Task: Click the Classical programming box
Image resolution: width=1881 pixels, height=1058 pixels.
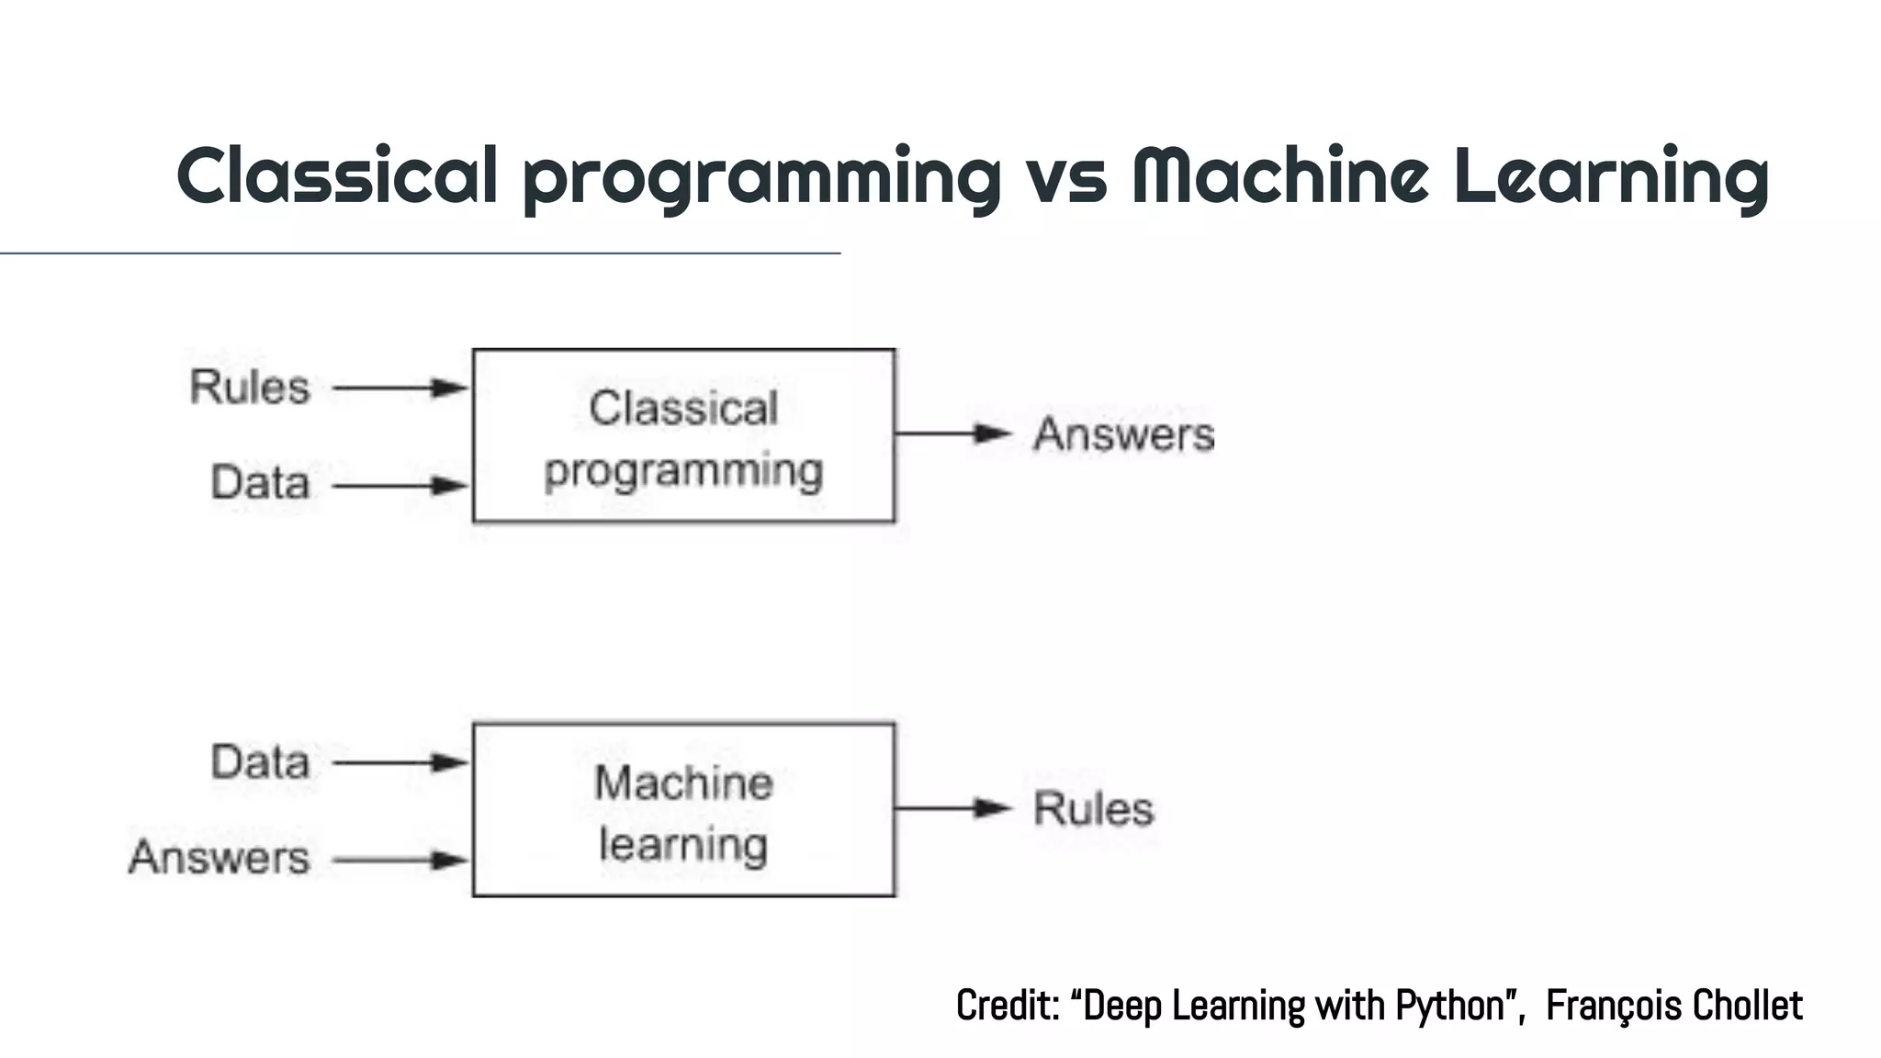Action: [683, 435]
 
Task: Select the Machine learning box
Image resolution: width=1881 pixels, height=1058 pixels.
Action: [683, 809]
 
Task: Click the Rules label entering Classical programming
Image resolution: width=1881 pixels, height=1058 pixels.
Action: [250, 388]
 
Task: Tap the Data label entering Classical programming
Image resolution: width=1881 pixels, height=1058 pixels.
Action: [260, 483]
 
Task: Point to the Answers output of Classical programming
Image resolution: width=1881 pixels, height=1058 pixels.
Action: [1123, 434]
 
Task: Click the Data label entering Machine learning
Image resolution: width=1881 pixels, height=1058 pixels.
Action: [260, 762]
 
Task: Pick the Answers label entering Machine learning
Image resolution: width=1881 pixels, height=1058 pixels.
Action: [220, 858]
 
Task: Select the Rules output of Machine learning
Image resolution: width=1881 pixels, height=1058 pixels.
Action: [1093, 809]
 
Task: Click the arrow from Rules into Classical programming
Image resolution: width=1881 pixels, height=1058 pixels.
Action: [400, 388]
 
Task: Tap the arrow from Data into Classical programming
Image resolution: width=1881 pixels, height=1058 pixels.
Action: [400, 485]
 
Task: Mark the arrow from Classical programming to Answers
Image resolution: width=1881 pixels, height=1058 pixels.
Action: [953, 433]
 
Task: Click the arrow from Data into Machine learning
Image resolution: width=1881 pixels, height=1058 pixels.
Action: [400, 762]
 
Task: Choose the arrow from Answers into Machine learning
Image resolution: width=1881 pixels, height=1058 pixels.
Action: [400, 861]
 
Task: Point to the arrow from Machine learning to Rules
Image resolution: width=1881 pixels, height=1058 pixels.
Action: [953, 808]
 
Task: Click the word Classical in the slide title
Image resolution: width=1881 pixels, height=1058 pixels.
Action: [337, 174]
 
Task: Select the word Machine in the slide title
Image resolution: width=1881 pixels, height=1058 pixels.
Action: [1279, 174]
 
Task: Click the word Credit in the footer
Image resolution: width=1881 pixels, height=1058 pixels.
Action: [1007, 1006]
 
